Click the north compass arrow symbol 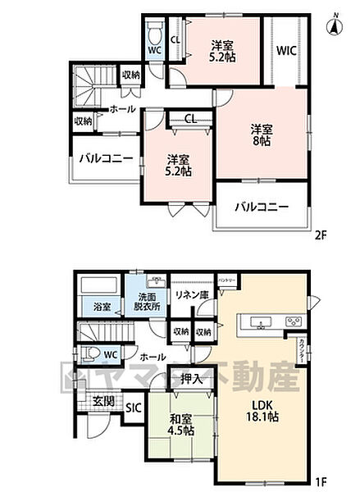335,25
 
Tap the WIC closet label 285,51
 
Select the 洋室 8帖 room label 262,133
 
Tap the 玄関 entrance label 103,401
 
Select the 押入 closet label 192,379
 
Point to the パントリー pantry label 226,280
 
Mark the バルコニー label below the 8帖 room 262,207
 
